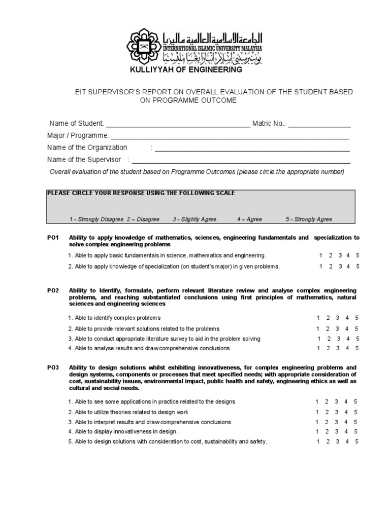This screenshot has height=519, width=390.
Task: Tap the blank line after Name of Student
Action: pos(178,125)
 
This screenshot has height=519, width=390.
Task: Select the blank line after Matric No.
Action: pos(319,125)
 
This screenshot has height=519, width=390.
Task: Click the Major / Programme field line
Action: pos(230,137)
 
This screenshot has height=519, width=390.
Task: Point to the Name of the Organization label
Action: pos(87,147)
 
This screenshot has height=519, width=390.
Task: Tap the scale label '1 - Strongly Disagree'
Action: pos(96,219)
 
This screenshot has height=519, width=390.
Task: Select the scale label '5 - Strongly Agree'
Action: pos(309,219)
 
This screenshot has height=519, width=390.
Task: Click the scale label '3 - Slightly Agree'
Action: pos(194,219)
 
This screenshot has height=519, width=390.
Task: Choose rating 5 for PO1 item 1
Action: pos(358,255)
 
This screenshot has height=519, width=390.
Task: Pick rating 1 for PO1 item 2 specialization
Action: pos(320,266)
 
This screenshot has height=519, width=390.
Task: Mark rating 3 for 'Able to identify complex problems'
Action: pos(338,318)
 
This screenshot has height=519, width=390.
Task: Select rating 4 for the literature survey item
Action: pos(348,339)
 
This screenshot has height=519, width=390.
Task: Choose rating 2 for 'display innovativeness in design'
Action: pos(327,431)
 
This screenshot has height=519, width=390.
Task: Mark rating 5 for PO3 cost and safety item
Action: pos(357,441)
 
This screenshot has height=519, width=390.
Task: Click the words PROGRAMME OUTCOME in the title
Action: pos(188,100)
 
